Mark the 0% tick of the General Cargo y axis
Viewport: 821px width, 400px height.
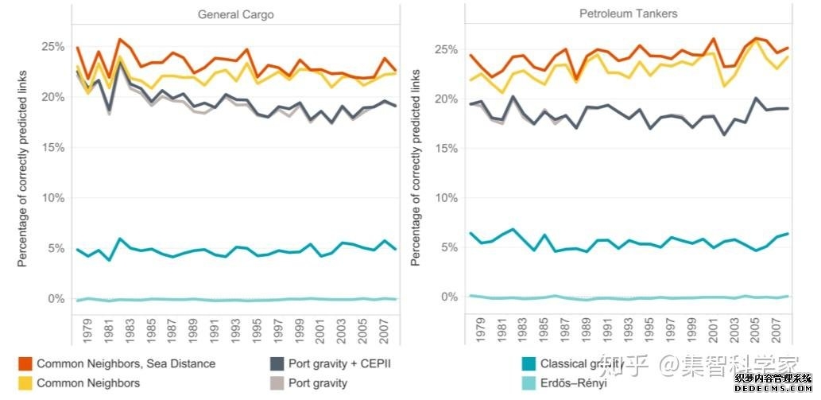click(55, 299)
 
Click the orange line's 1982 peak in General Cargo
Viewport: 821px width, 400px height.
click(120, 39)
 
